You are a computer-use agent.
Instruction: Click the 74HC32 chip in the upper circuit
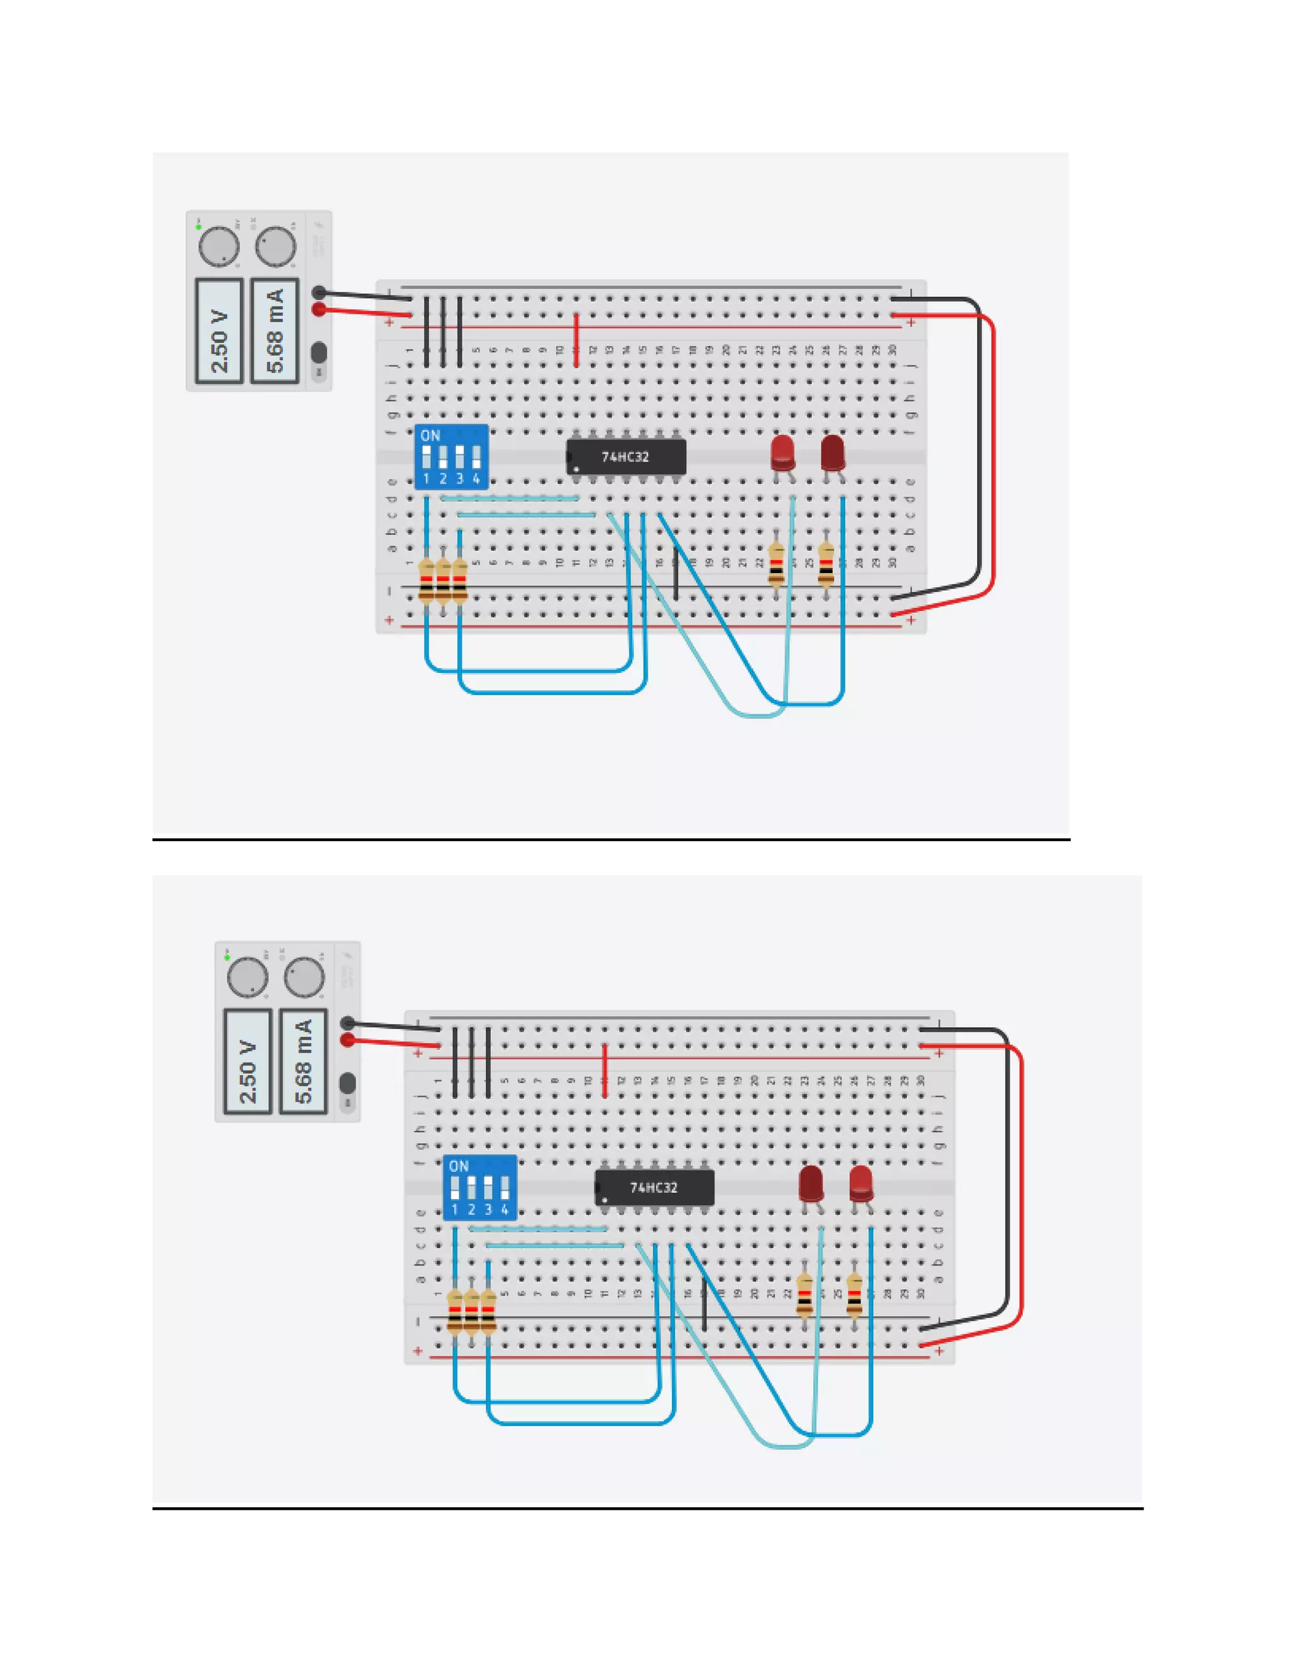pyautogui.click(x=626, y=457)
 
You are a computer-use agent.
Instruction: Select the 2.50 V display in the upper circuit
pyautogui.click(x=220, y=331)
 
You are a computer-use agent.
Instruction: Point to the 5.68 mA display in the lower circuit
pyautogui.click(x=303, y=1061)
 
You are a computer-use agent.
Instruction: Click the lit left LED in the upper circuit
pyautogui.click(x=782, y=453)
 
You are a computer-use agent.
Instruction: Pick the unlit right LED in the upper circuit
pyautogui.click(x=832, y=453)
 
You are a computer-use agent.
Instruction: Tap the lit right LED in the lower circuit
pyautogui.click(x=861, y=1183)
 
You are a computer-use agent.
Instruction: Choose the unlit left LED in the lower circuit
pyautogui.click(x=811, y=1183)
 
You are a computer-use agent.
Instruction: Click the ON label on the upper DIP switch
pyautogui.click(x=430, y=436)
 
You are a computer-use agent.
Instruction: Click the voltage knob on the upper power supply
pyautogui.click(x=219, y=246)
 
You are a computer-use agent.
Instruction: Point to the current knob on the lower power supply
pyautogui.click(x=304, y=977)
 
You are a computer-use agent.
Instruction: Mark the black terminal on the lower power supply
pyautogui.click(x=347, y=1023)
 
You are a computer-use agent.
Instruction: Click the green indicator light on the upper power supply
pyautogui.click(x=198, y=227)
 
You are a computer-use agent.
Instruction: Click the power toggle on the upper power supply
pyautogui.click(x=319, y=353)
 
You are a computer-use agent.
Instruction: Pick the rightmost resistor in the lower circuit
pyautogui.click(x=854, y=1295)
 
